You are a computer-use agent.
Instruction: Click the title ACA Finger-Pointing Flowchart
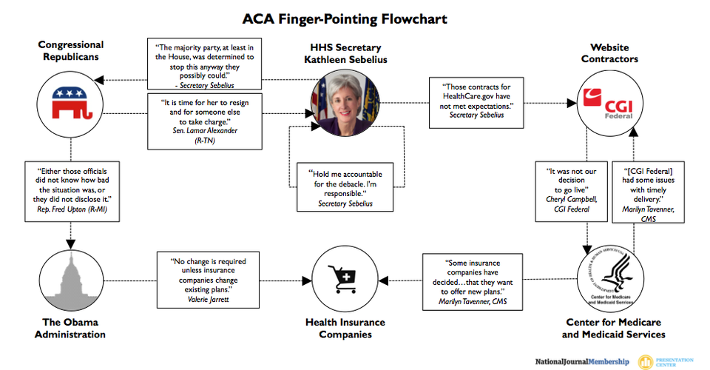point(354,18)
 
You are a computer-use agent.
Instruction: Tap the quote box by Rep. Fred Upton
point(71,189)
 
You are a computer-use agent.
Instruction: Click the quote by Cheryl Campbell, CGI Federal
point(570,189)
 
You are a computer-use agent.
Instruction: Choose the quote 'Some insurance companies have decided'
point(473,281)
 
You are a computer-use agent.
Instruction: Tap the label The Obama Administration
point(72,329)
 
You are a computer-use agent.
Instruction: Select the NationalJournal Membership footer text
point(582,362)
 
